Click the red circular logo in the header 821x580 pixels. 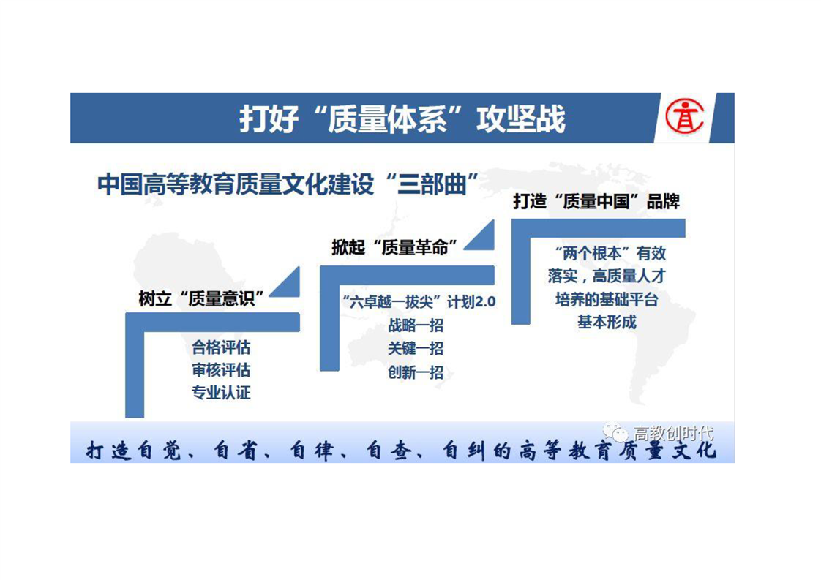pyautogui.click(x=684, y=116)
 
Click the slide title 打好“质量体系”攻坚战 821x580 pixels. pyautogui.click(x=402, y=118)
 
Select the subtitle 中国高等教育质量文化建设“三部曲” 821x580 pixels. pyautogui.click(x=288, y=184)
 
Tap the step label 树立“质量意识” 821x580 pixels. pyautogui.click(x=201, y=298)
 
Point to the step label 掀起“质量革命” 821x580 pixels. pyautogui.click(x=395, y=247)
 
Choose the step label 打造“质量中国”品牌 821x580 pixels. pyautogui.click(x=596, y=202)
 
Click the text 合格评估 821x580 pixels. pyautogui.click(x=221, y=347)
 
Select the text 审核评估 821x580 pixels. pyautogui.click(x=221, y=370)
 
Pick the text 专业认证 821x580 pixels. pyautogui.click(x=221, y=393)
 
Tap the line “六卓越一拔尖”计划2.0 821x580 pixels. pyautogui.click(x=419, y=302)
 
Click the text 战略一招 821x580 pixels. pyautogui.click(x=416, y=325)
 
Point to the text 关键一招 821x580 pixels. pyautogui.click(x=416, y=348)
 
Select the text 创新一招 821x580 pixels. pyautogui.click(x=416, y=372)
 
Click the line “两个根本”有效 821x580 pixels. pyautogui.click(x=610, y=254)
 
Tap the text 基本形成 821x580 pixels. pyautogui.click(x=607, y=322)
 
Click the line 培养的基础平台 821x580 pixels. pyautogui.click(x=607, y=299)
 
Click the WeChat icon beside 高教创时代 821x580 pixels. pyautogui.click(x=615, y=432)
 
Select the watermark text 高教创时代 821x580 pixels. pyautogui.click(x=673, y=434)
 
